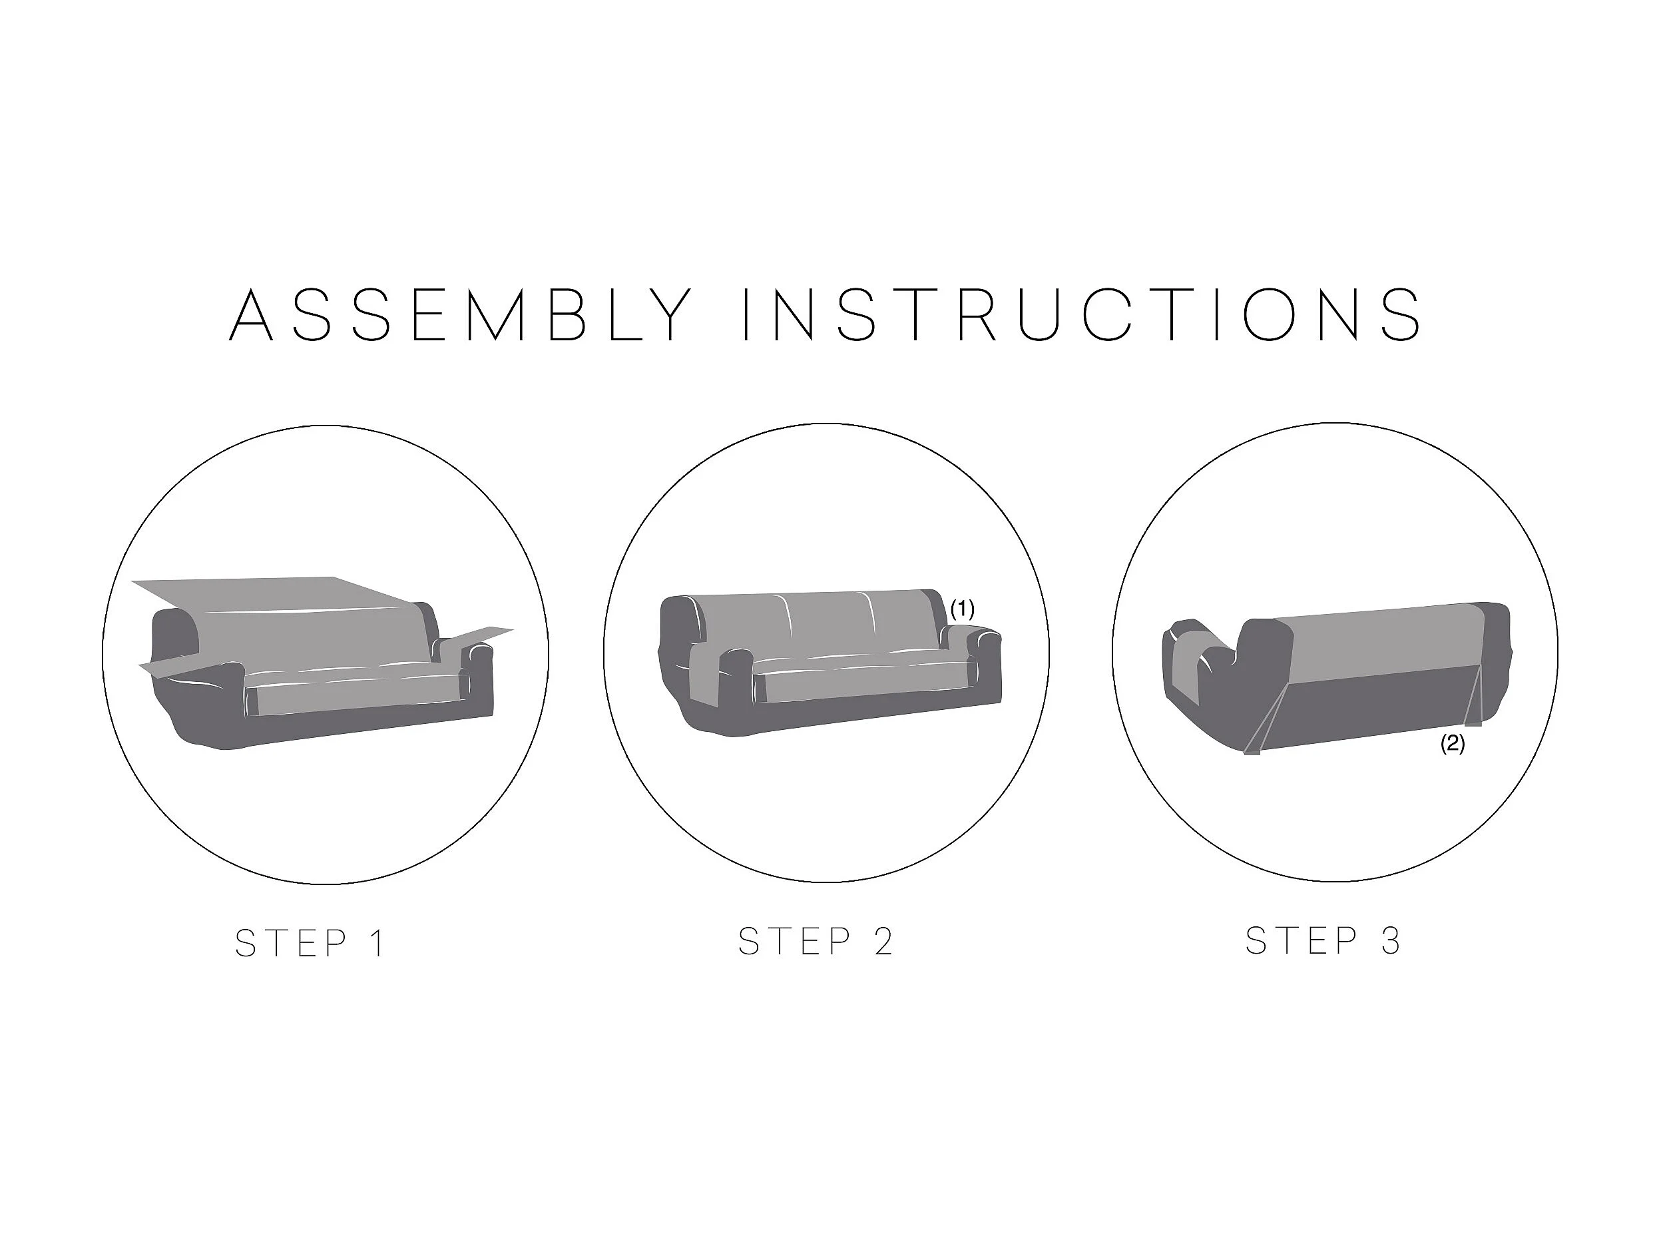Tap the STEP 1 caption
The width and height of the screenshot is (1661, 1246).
[x=310, y=944]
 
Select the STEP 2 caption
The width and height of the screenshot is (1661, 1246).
[x=816, y=941]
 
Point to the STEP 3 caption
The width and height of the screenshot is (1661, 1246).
[x=1323, y=940]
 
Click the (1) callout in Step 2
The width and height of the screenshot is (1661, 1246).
[x=962, y=609]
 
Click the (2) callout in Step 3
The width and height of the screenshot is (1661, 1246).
[x=1452, y=744]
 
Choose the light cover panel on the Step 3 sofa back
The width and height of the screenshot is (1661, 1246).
[x=1381, y=643]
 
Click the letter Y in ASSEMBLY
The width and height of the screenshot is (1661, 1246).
[x=668, y=315]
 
